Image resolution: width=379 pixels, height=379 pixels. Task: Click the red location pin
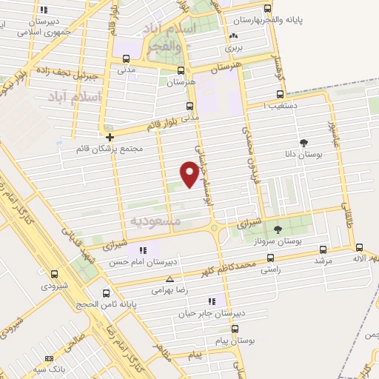(190, 174)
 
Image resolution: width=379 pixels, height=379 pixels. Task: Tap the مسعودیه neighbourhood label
(155, 221)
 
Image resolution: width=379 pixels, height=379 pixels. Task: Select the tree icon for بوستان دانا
(303, 143)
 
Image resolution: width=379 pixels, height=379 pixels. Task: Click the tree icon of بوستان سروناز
(278, 229)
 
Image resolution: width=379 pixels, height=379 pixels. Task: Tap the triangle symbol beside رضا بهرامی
(171, 280)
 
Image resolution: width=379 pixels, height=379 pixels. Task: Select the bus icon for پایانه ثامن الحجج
(106, 293)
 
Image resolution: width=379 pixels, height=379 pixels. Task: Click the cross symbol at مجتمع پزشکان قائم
(110, 137)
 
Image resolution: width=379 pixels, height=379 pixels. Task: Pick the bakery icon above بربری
(234, 36)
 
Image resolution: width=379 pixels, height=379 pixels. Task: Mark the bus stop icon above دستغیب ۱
(280, 95)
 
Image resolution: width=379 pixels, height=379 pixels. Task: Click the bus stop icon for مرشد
(321, 250)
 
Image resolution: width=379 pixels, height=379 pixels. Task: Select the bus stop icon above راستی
(270, 258)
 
